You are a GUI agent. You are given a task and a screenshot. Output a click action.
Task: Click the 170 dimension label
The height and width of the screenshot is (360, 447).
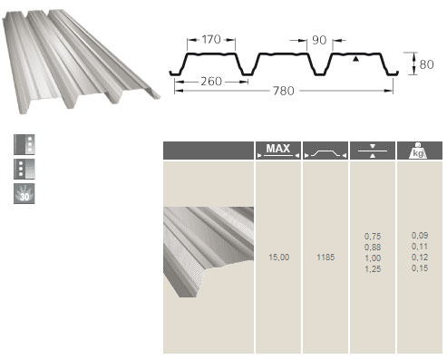pyautogui.click(x=211, y=40)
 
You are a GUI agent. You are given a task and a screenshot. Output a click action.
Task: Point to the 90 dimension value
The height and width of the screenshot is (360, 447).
pyautogui.click(x=319, y=40)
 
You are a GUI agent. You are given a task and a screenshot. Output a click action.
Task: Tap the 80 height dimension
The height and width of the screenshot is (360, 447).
pyautogui.click(x=426, y=64)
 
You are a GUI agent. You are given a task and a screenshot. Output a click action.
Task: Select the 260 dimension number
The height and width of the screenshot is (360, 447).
pyautogui.click(x=211, y=82)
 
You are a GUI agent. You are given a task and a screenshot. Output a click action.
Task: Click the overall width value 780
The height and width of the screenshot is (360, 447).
pyautogui.click(x=284, y=91)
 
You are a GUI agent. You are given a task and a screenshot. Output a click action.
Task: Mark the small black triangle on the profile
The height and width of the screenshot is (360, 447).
pyautogui.click(x=356, y=59)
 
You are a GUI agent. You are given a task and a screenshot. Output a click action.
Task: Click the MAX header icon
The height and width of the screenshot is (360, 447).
pyautogui.click(x=278, y=151)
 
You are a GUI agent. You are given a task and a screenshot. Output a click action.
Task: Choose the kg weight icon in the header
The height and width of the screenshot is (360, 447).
pyautogui.click(x=419, y=151)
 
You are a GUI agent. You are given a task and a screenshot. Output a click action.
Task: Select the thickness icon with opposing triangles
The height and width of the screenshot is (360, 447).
pyautogui.click(x=373, y=151)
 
